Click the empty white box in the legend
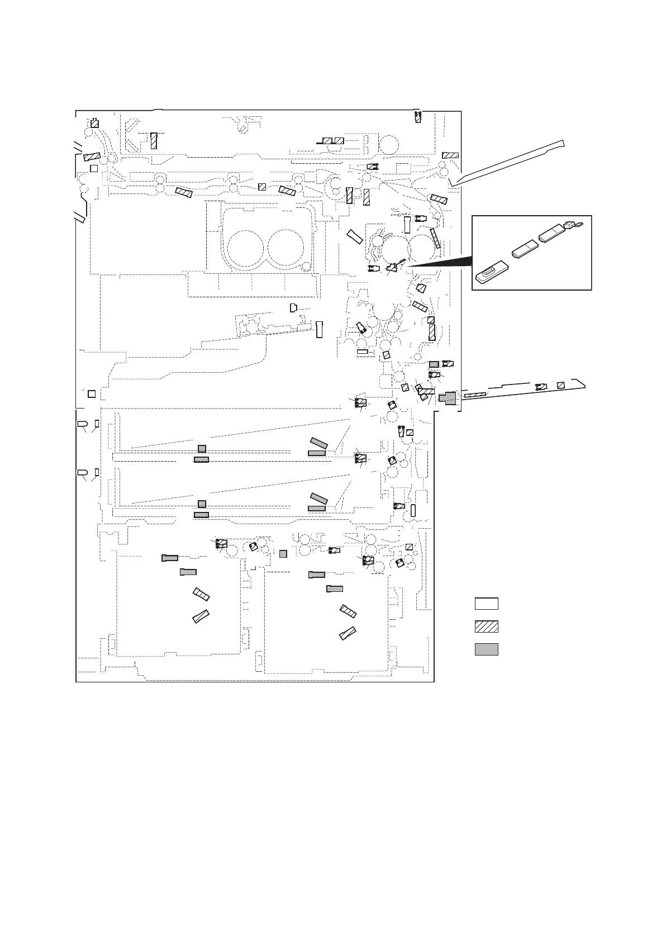[x=486, y=604]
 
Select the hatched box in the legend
[x=486, y=626]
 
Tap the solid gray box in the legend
[x=486, y=649]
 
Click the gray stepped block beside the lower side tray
[x=447, y=398]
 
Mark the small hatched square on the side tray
[x=561, y=384]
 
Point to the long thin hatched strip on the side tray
[x=475, y=395]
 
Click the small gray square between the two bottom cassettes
[x=283, y=554]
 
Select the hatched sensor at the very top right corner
[x=418, y=117]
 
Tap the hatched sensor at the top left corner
[x=94, y=124]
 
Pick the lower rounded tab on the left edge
[x=82, y=473]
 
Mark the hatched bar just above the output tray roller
[x=450, y=155]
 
